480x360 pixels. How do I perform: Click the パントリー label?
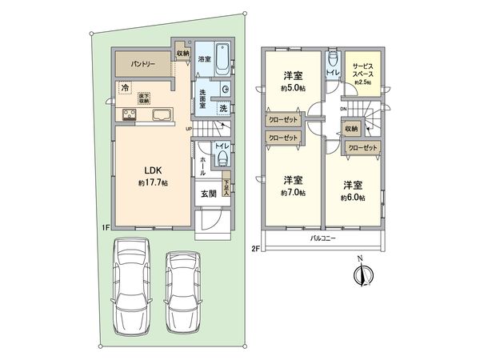[x=139, y=62]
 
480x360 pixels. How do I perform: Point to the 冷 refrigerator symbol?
[x=125, y=87]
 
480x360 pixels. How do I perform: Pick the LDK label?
[x=154, y=169]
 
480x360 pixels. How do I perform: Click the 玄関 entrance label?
[x=206, y=193]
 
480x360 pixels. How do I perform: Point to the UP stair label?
[x=188, y=128]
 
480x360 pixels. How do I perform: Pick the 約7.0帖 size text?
[x=292, y=193]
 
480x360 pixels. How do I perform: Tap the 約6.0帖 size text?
[x=352, y=197]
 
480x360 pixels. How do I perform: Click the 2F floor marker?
[x=255, y=248]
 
